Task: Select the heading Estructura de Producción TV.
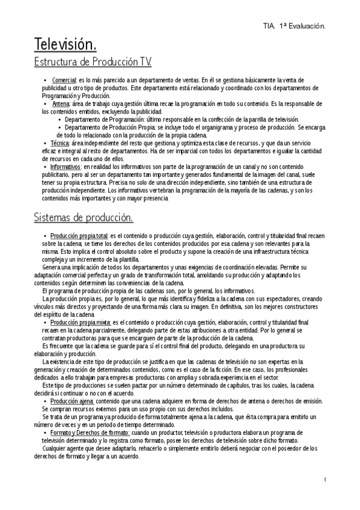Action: click(92, 62)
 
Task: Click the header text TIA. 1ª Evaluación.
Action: click(294, 26)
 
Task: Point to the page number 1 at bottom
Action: click(324, 479)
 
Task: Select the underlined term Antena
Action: click(61, 103)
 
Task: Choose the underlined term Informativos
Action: click(66, 166)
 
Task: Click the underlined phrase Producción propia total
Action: click(79, 236)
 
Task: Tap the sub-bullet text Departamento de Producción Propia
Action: click(109, 127)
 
